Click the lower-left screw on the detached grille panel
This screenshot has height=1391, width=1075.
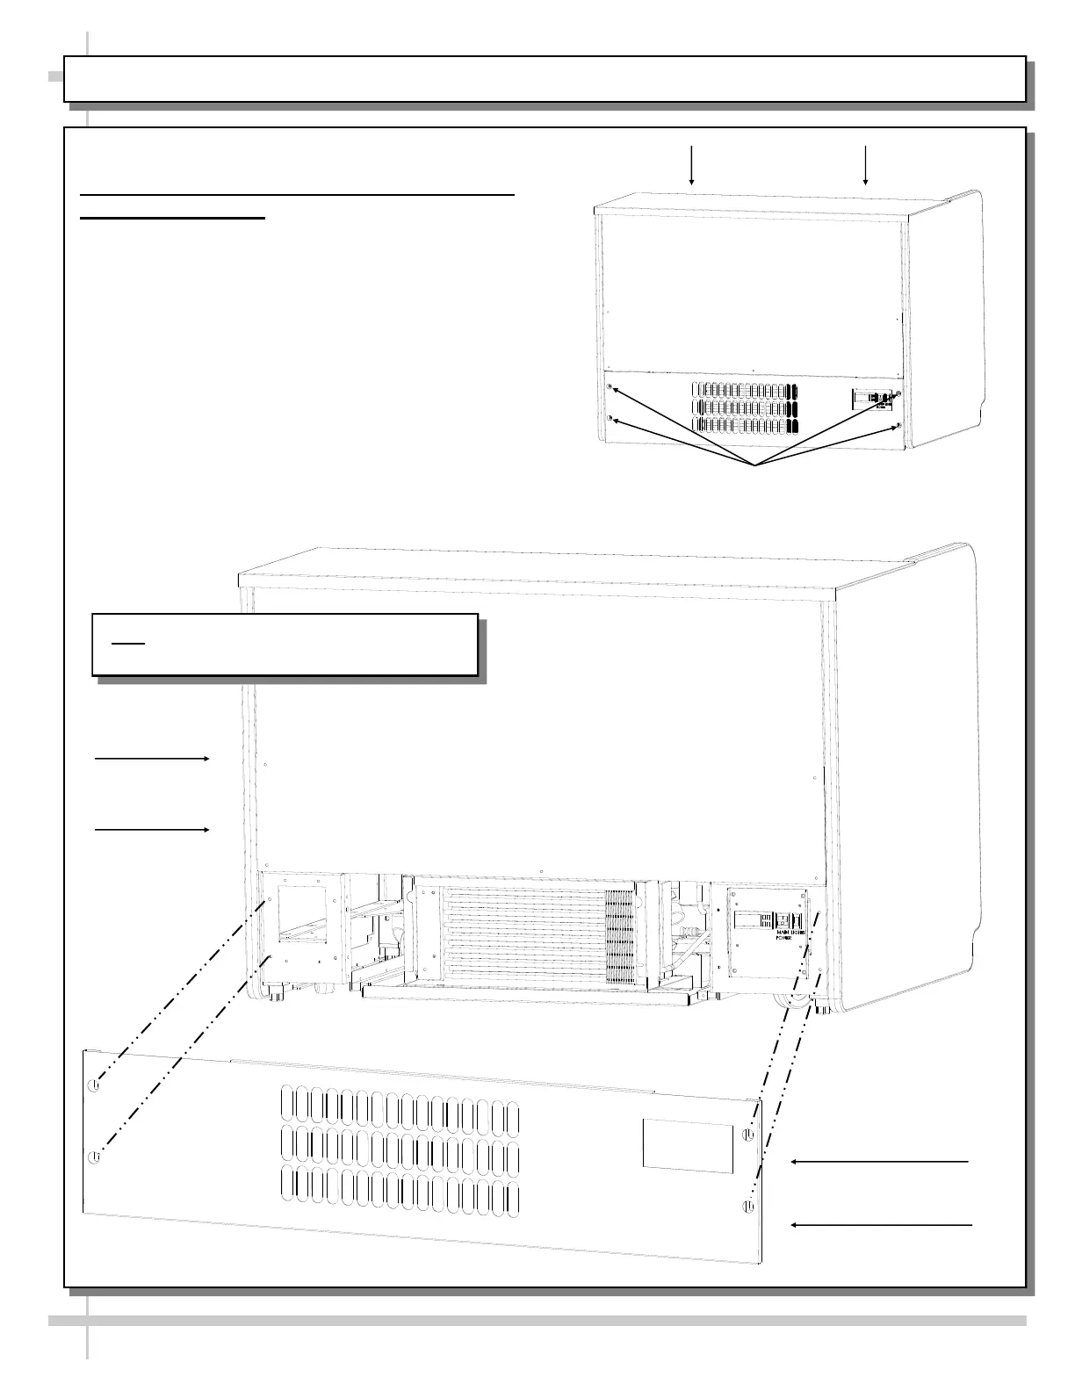[x=94, y=1156]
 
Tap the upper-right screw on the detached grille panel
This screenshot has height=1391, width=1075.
[x=747, y=1135]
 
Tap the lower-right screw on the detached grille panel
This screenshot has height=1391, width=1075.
[x=747, y=1206]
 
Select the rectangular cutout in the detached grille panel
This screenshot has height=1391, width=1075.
[x=688, y=1146]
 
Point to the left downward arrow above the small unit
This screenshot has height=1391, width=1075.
[x=692, y=164]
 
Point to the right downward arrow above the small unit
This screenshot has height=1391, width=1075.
[x=866, y=164]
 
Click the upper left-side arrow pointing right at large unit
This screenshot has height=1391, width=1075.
[x=152, y=757]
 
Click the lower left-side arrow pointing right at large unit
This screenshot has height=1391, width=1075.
[x=152, y=829]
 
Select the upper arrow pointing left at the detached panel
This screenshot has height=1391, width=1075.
[x=880, y=1161]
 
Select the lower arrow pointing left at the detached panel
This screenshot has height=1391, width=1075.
[x=882, y=1224]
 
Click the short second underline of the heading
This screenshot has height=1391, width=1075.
[x=172, y=218]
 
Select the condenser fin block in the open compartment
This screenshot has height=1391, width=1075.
[x=619, y=937]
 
